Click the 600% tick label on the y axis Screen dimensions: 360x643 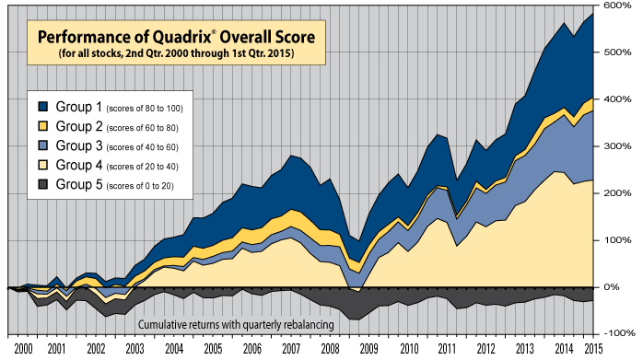pos(617,6)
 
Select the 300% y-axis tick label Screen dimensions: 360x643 pos(617,146)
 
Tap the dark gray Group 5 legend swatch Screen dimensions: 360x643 pos(42,185)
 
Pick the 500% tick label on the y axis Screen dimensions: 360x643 pos(617,52)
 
